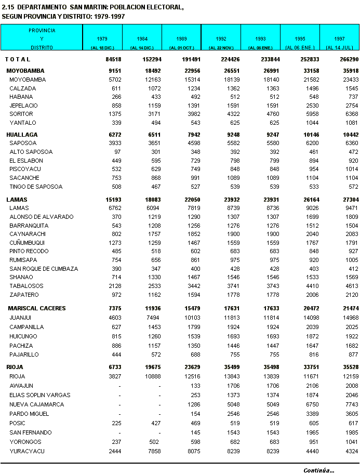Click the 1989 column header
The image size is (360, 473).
point(182,39)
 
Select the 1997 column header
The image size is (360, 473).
point(340,39)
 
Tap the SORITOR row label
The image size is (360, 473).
point(21,114)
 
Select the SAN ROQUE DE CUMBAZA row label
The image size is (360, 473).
point(44,269)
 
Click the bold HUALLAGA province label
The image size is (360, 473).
point(22,135)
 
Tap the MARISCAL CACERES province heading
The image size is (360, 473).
point(37,308)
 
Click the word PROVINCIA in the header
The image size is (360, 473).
point(42,31)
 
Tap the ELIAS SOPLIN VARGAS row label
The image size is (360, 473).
point(40,395)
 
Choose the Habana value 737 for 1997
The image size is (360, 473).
point(352,97)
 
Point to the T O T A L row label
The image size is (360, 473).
point(18,59)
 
